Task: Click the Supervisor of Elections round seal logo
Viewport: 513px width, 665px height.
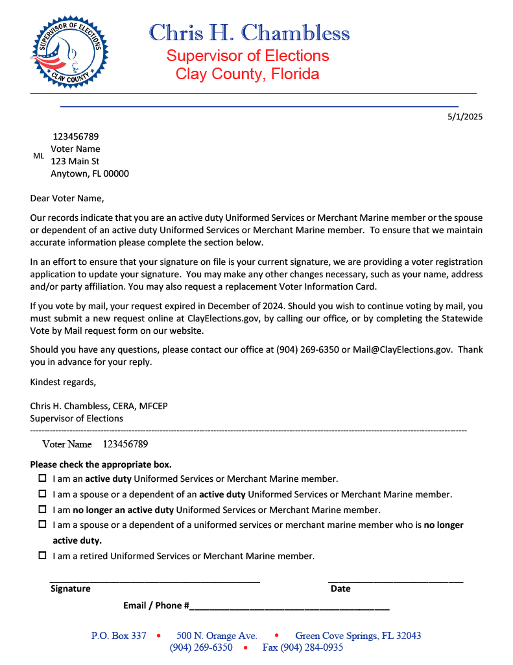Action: pos(70,53)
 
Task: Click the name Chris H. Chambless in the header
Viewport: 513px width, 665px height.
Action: pos(249,32)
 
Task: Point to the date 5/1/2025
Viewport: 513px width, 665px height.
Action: pos(465,117)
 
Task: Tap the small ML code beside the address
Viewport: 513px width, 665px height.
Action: pos(38,156)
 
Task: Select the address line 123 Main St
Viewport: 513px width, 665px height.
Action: pos(75,161)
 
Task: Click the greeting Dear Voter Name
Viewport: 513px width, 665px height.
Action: pos(67,198)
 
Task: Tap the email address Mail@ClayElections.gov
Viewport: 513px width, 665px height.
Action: pos(401,349)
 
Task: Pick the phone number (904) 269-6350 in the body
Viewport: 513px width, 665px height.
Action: pos(307,349)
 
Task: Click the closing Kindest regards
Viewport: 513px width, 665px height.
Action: pos(63,381)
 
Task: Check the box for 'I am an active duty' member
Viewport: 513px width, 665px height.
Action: pos(42,479)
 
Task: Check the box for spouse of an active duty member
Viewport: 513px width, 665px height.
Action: pos(42,494)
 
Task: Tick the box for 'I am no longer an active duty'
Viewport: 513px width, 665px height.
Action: pos(42,510)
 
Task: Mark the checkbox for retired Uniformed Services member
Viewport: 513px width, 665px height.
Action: pos(42,556)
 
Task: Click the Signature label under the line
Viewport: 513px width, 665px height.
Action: pos(71,588)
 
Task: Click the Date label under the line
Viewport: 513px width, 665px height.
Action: pos(340,588)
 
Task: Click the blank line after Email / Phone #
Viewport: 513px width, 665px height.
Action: pos(289,606)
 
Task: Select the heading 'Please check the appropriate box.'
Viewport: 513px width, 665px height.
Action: pos(101,464)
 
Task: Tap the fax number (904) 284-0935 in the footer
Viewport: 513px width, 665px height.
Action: pos(302,647)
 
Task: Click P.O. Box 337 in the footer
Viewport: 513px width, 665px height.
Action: pos(119,636)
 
